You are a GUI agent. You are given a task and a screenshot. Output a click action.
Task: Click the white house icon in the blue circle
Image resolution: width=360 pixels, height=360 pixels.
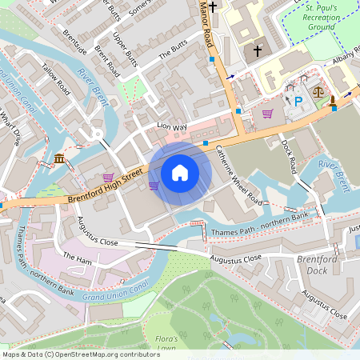[180, 172]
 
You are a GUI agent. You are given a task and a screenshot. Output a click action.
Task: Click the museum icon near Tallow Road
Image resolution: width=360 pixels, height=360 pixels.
[59, 160]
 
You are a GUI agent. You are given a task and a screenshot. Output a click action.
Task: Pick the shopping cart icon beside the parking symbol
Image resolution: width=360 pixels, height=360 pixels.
[267, 113]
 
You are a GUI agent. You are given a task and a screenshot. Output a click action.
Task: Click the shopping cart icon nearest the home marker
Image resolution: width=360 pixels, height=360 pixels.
[154, 185]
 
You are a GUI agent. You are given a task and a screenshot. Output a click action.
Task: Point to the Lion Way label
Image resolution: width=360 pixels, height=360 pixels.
[171, 126]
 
